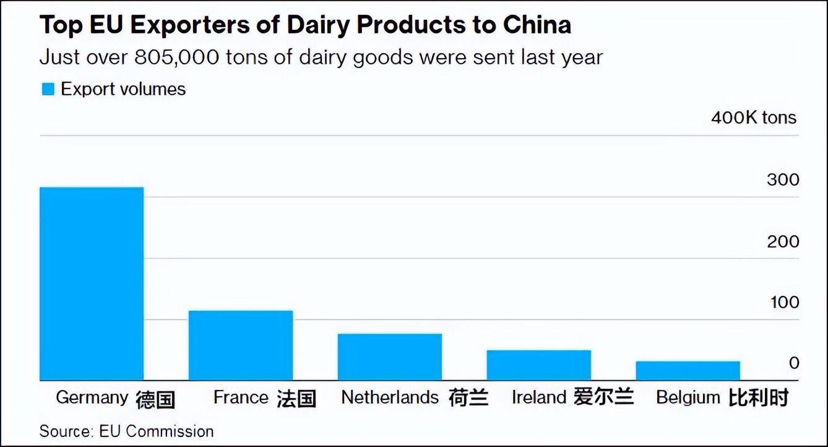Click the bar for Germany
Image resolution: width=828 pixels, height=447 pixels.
pos(92,284)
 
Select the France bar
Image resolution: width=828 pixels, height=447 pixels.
pos(241,345)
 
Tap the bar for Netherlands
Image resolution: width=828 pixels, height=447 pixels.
pos(390,357)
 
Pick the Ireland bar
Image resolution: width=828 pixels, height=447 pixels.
pos(538,365)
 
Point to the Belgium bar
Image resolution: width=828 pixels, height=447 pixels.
pos(688,371)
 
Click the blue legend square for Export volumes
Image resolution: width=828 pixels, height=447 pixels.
pos(48,89)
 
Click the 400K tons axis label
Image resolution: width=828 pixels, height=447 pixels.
pos(754,118)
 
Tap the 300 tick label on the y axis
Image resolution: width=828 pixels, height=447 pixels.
pos(783,180)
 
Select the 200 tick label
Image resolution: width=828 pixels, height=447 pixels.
pos(783,241)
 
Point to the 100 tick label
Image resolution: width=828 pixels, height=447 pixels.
pos(784,303)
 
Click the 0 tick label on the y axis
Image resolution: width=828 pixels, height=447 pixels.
pos(794,363)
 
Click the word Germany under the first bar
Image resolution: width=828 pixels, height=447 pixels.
pos(92,397)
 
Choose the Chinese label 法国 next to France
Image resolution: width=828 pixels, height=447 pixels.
pos(296,398)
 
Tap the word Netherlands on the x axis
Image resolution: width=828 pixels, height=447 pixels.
pos(390,397)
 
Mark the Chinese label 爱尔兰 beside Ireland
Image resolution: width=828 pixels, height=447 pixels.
pos(603,397)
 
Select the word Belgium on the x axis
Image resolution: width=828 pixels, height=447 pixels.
pos(688,397)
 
